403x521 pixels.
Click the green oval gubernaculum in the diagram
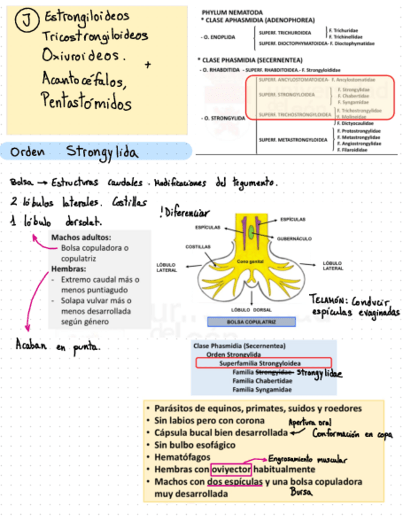(253, 232)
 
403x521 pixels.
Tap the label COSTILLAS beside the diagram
(198, 246)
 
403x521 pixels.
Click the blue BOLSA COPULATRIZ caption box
(251, 321)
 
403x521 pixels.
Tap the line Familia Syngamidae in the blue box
(262, 390)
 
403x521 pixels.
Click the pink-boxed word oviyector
(231, 470)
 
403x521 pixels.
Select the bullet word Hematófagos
(183, 457)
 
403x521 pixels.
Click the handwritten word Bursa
(302, 492)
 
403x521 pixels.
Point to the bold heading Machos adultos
(81, 237)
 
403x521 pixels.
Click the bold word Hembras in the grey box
(68, 269)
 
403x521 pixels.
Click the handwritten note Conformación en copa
(351, 434)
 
